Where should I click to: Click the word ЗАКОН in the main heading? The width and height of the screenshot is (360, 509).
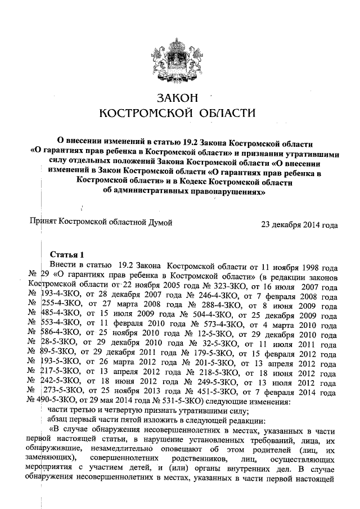(179, 98)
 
